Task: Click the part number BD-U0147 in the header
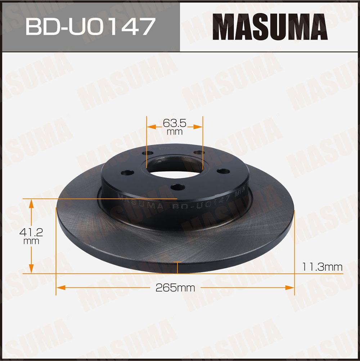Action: tap(90, 27)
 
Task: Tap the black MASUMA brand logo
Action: tap(270, 27)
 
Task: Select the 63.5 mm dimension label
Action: tap(175, 127)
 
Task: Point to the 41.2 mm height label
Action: tap(31, 236)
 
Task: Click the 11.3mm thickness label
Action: tap(322, 267)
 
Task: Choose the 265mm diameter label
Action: tap(175, 288)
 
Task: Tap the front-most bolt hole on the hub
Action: tap(178, 187)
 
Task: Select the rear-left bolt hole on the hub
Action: tap(148, 153)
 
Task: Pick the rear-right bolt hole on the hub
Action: tap(199, 152)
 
